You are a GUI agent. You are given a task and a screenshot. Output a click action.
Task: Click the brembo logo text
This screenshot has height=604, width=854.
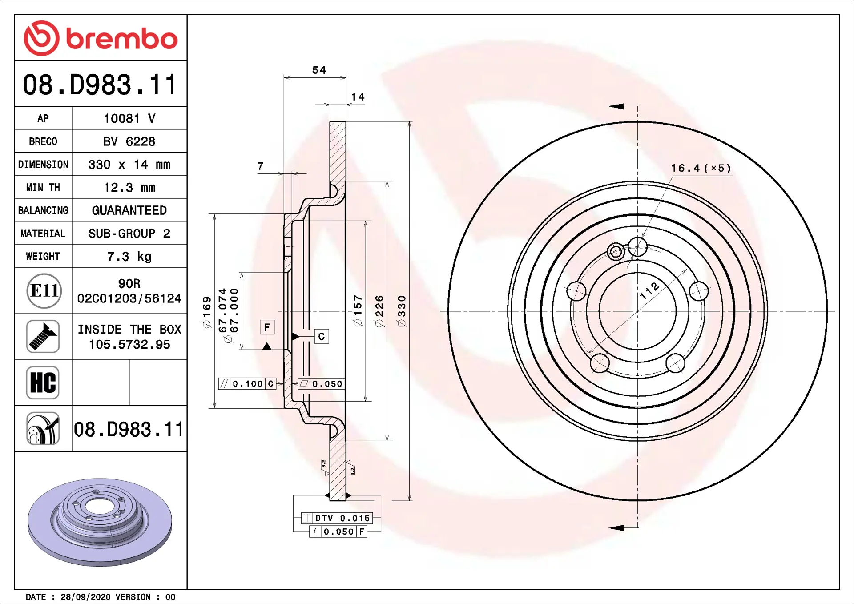122,39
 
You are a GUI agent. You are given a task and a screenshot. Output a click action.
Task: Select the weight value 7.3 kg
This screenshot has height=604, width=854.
129,257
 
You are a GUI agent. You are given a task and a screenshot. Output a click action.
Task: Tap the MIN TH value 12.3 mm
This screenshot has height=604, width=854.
129,188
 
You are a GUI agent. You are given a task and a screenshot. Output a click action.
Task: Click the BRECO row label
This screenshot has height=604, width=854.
43,141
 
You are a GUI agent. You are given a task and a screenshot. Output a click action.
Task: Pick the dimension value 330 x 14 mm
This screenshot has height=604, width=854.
129,165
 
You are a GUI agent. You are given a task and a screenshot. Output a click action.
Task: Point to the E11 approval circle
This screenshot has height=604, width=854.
44,291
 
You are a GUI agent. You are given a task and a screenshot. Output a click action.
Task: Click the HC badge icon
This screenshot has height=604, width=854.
43,383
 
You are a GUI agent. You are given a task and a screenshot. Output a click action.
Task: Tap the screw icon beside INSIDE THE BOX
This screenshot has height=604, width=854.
43,337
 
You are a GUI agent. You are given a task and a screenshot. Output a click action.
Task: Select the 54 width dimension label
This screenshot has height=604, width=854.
319,70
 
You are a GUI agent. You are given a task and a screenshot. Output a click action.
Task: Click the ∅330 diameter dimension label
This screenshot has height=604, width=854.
402,311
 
